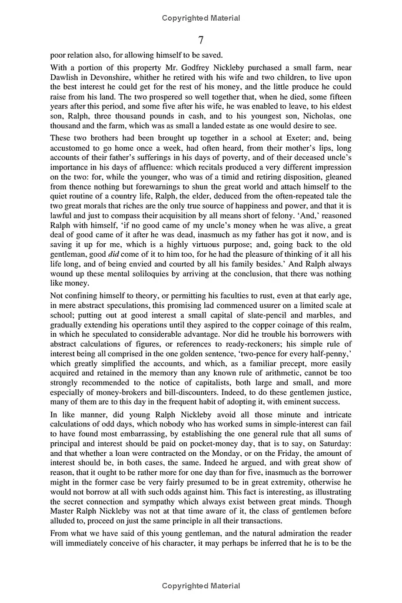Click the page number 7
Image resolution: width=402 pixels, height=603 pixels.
[x=201, y=40]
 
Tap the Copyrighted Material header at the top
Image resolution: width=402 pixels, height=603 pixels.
[x=201, y=18]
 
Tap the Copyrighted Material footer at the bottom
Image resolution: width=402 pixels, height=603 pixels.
[x=201, y=586]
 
